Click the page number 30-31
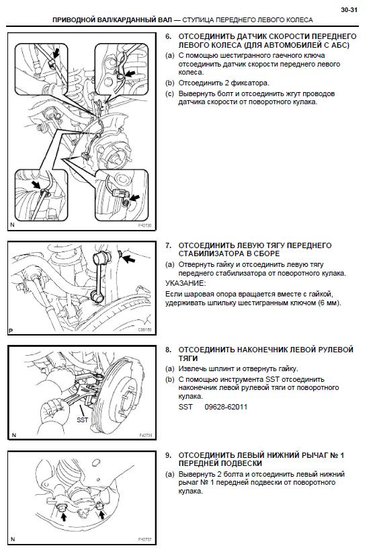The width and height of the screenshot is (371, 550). pos(349,10)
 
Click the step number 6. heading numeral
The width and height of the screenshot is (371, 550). pos(168,36)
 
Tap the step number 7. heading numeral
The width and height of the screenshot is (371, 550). pos(168,245)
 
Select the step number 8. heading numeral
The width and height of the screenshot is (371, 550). pos(168,350)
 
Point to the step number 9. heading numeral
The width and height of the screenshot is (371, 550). pos(168,455)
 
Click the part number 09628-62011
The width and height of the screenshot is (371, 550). pos(226,407)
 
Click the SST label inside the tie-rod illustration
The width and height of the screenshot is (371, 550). pos(83,419)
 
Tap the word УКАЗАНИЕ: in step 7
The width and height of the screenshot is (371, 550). pos(185,283)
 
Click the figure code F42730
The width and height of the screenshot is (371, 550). pos(145,225)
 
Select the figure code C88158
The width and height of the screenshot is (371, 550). pos(145,329)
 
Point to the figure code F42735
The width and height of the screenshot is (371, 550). pos(146,435)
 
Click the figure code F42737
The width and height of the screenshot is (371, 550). pos(145,540)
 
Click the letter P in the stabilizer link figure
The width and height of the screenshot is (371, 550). pos(11,331)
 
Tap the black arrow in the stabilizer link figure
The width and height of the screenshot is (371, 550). pos(128,260)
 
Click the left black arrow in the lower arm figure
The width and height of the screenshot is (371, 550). pos(63,516)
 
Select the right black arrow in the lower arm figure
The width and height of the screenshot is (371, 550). pos(102,514)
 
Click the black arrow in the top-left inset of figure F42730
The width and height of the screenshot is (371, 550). pos(55,53)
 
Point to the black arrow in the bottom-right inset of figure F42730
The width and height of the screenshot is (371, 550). pos(134,198)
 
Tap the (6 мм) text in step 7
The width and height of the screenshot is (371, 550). pos(329,303)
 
